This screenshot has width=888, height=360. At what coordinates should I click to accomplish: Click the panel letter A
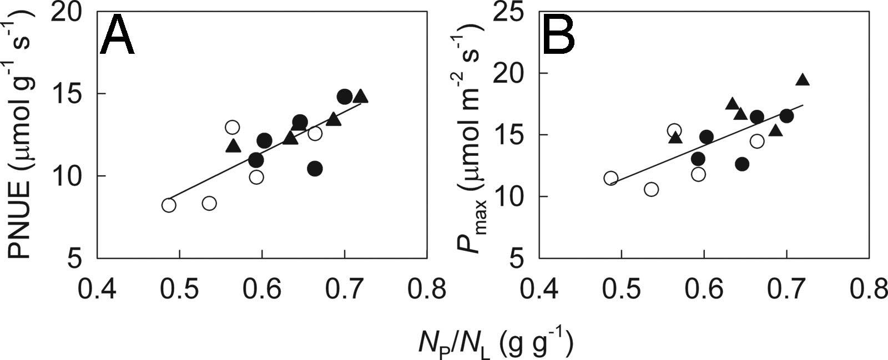pos(117,35)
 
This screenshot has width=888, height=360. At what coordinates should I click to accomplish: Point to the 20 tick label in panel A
pos(70,12)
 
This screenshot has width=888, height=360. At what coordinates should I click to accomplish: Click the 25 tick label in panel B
pos(513,12)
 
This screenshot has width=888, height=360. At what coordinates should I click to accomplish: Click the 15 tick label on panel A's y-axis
pos(70,94)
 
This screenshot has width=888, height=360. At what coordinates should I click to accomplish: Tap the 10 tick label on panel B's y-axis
pos(513,196)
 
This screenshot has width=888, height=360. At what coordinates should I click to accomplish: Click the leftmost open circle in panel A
pos(169,205)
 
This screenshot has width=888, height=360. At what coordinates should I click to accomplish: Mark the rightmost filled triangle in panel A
pos(361,97)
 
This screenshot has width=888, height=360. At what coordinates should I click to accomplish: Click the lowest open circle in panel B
pos(652,189)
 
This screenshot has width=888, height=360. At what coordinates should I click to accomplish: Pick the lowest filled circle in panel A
pos(315,169)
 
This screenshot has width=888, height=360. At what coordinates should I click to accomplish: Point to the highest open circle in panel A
pos(232,128)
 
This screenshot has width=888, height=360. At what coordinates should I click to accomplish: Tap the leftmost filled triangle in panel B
pos(675,138)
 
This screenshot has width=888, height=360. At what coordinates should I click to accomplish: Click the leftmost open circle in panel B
pos(610,178)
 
